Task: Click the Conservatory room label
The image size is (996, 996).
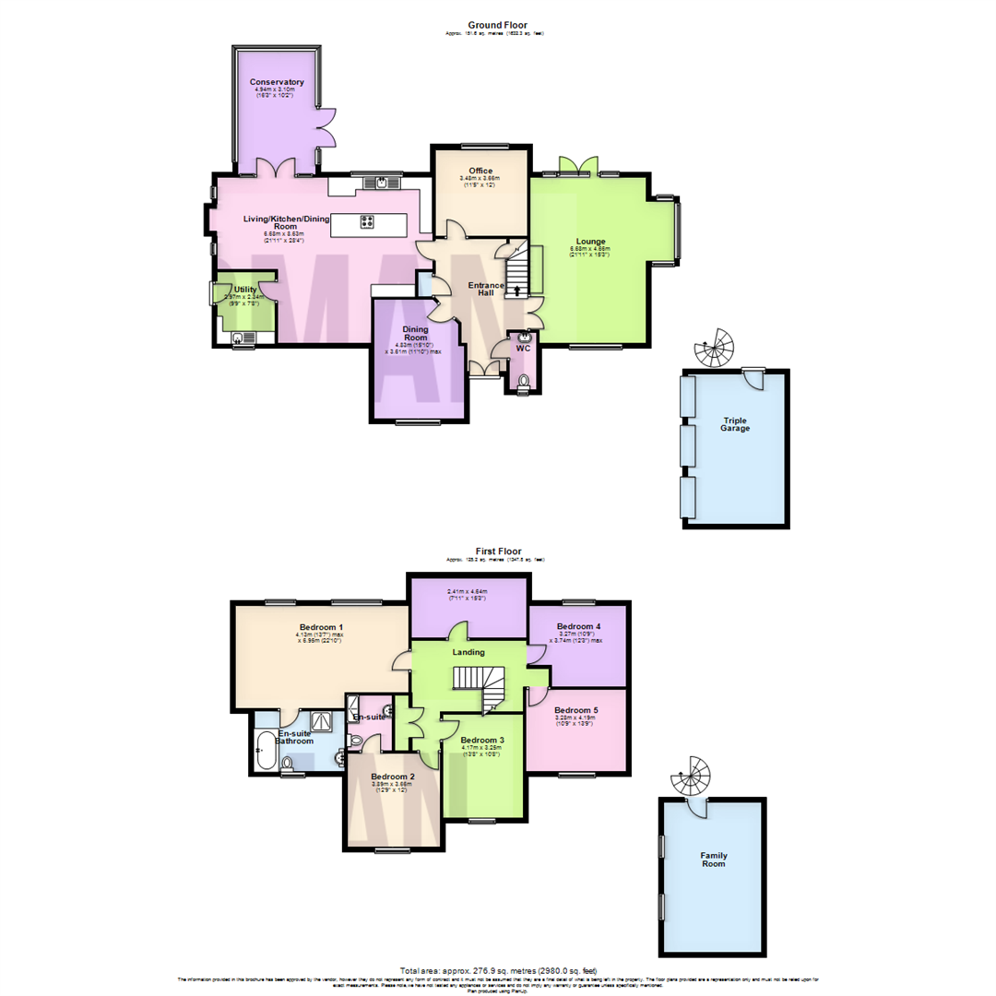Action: click(277, 83)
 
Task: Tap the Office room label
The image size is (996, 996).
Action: click(480, 171)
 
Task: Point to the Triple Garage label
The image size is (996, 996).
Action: click(736, 424)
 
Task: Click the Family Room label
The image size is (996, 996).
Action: click(713, 860)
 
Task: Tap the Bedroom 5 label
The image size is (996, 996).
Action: click(576, 710)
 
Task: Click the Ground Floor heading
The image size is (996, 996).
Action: click(496, 26)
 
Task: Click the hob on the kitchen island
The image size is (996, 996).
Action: click(366, 221)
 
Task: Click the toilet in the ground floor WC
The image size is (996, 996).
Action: click(524, 382)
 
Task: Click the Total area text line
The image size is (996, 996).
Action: click(498, 970)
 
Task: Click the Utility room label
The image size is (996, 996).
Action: click(244, 290)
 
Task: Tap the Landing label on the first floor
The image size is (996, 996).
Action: click(468, 653)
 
